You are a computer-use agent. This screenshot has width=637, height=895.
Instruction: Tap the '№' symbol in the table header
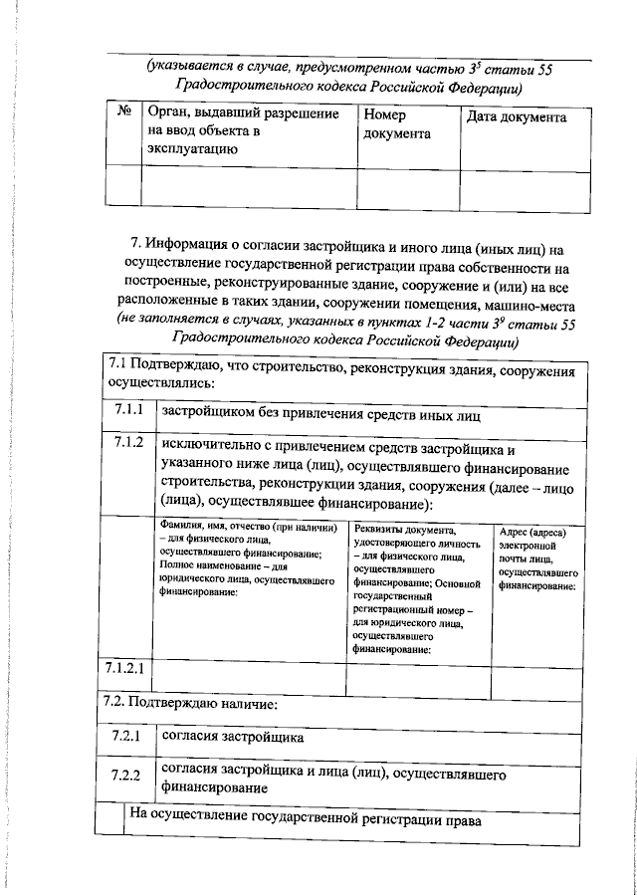[125, 115]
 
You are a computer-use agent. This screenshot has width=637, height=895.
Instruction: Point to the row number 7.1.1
[128, 410]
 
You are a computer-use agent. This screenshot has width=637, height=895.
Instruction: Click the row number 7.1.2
[128, 441]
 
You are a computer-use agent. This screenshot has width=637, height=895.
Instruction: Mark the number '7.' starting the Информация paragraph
[136, 243]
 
